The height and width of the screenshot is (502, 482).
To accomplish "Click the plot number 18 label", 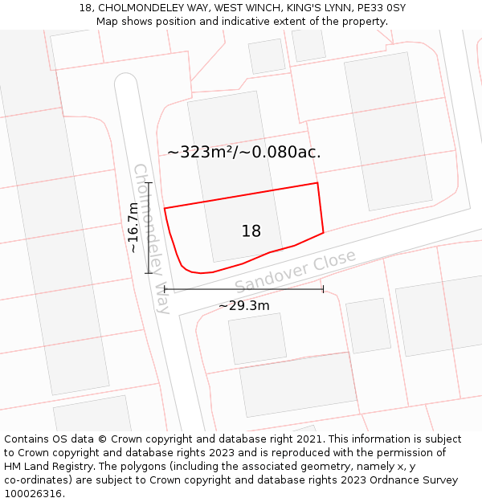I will coord(251,231).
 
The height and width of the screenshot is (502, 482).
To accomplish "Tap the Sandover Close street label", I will coord(295,272).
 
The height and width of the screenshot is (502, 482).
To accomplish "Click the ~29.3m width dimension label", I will coord(244,305).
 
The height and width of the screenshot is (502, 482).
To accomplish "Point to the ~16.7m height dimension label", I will coord(133,227).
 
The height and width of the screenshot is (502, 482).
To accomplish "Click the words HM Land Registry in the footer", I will coord(46,467).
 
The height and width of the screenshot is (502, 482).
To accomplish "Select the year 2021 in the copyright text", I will coord(309,439).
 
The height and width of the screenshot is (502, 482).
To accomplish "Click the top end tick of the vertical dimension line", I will coord(149,183).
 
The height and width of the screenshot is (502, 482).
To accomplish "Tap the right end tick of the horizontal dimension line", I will coord(323,289).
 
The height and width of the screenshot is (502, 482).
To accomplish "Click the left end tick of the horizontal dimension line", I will coord(165,289).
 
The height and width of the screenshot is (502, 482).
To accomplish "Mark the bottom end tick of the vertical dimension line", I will coord(149,273).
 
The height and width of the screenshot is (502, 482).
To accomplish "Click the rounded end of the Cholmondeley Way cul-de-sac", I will coord(126,80).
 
